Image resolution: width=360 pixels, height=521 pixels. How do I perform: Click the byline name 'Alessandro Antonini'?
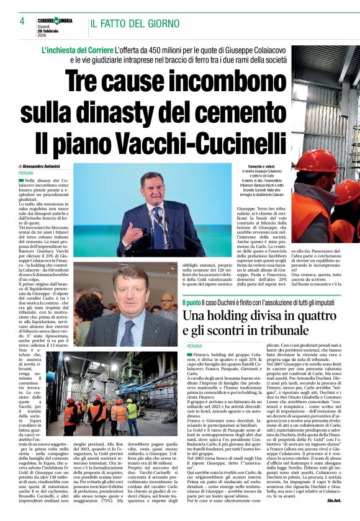42,166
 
